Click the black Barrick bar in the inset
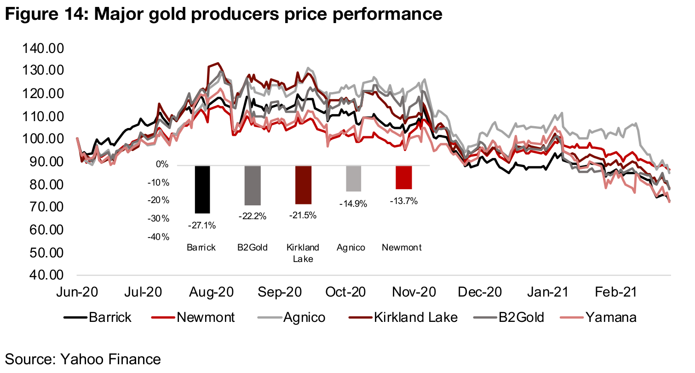pyautogui.click(x=202, y=189)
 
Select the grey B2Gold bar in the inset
pyautogui.click(x=253, y=185)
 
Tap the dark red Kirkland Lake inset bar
pyautogui.click(x=304, y=184)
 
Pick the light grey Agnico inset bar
pyautogui.click(x=353, y=178)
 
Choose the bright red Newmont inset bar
pyautogui.click(x=403, y=177)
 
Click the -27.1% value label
pyautogui.click(x=202, y=225)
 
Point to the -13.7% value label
pyautogui.click(x=403, y=201)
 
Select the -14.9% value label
pyautogui.click(x=353, y=204)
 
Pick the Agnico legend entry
pyautogui.click(x=303, y=317)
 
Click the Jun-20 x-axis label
pyautogui.click(x=76, y=292)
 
